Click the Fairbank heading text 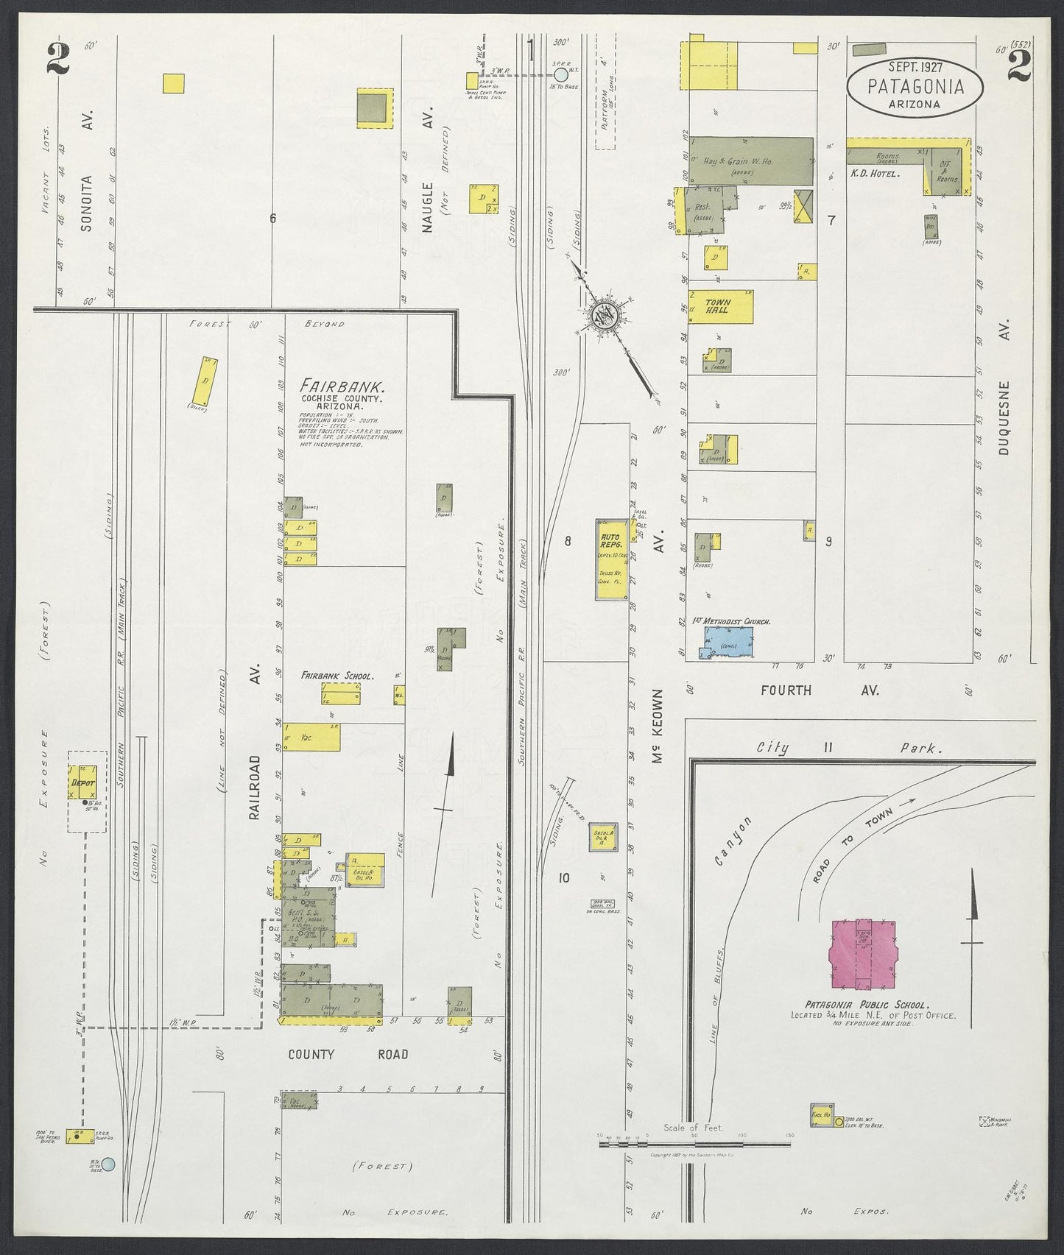pyautogui.click(x=333, y=386)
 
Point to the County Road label pyautogui.click(x=348, y=1054)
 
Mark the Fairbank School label pyautogui.click(x=337, y=675)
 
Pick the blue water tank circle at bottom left pyautogui.click(x=108, y=1164)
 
